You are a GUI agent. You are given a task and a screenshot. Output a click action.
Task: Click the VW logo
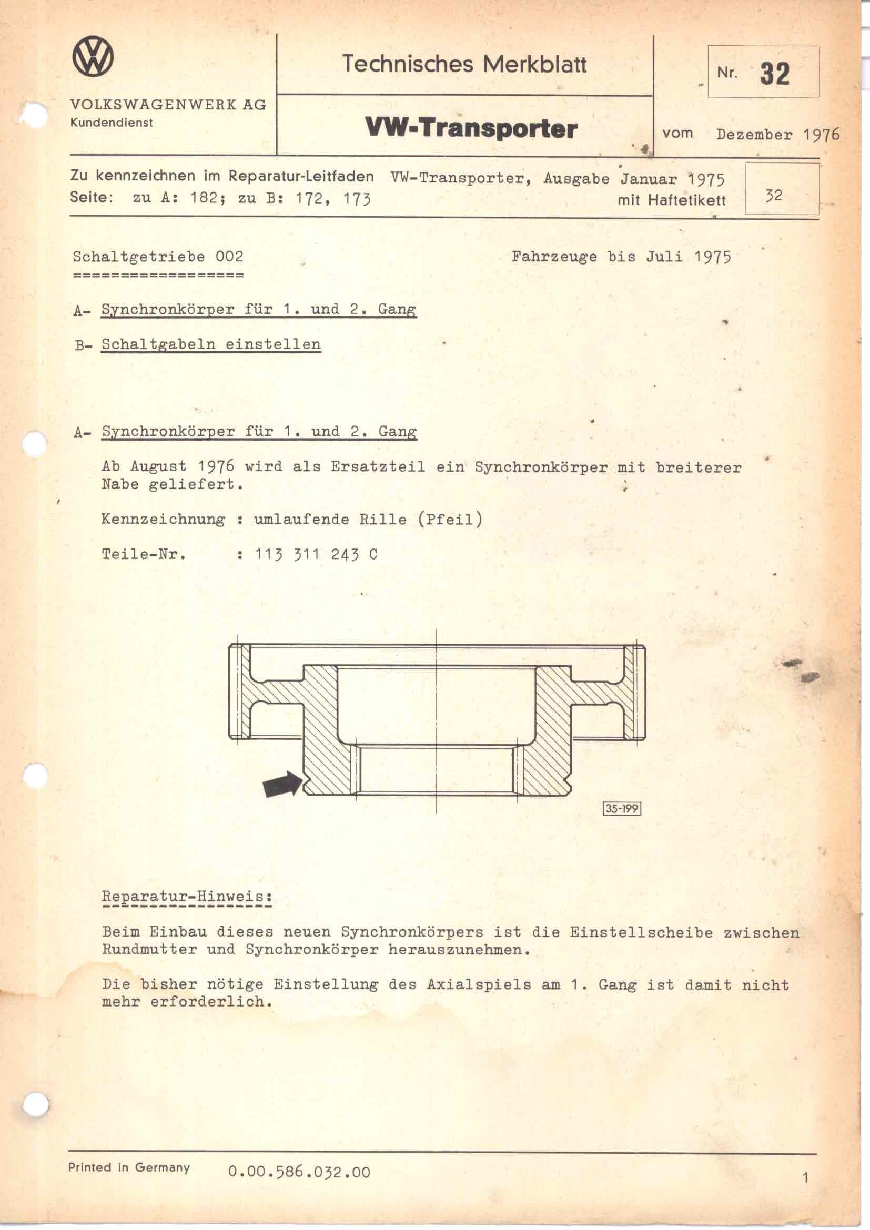point(93,57)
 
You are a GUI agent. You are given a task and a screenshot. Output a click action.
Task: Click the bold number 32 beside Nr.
point(774,74)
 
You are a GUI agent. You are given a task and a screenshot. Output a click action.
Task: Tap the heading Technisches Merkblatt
point(464,64)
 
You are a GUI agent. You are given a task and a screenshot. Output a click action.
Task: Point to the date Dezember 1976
point(777,135)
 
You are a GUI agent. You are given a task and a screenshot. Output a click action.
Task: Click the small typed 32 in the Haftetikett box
point(774,196)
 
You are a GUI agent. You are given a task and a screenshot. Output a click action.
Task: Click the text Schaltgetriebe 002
point(158,257)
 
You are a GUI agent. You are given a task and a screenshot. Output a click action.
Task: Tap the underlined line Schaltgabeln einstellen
point(211,344)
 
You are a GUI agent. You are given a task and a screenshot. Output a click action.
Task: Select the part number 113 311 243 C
point(316,554)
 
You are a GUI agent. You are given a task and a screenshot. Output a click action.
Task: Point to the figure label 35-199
point(622,808)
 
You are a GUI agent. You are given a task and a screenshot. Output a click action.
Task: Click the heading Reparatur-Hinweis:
point(187,896)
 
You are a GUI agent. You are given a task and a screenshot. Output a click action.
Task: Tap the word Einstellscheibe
point(641,932)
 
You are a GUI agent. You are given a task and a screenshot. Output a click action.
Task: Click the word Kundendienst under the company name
point(112,123)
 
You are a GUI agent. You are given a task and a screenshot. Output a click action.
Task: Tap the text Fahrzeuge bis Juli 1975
point(621,257)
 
